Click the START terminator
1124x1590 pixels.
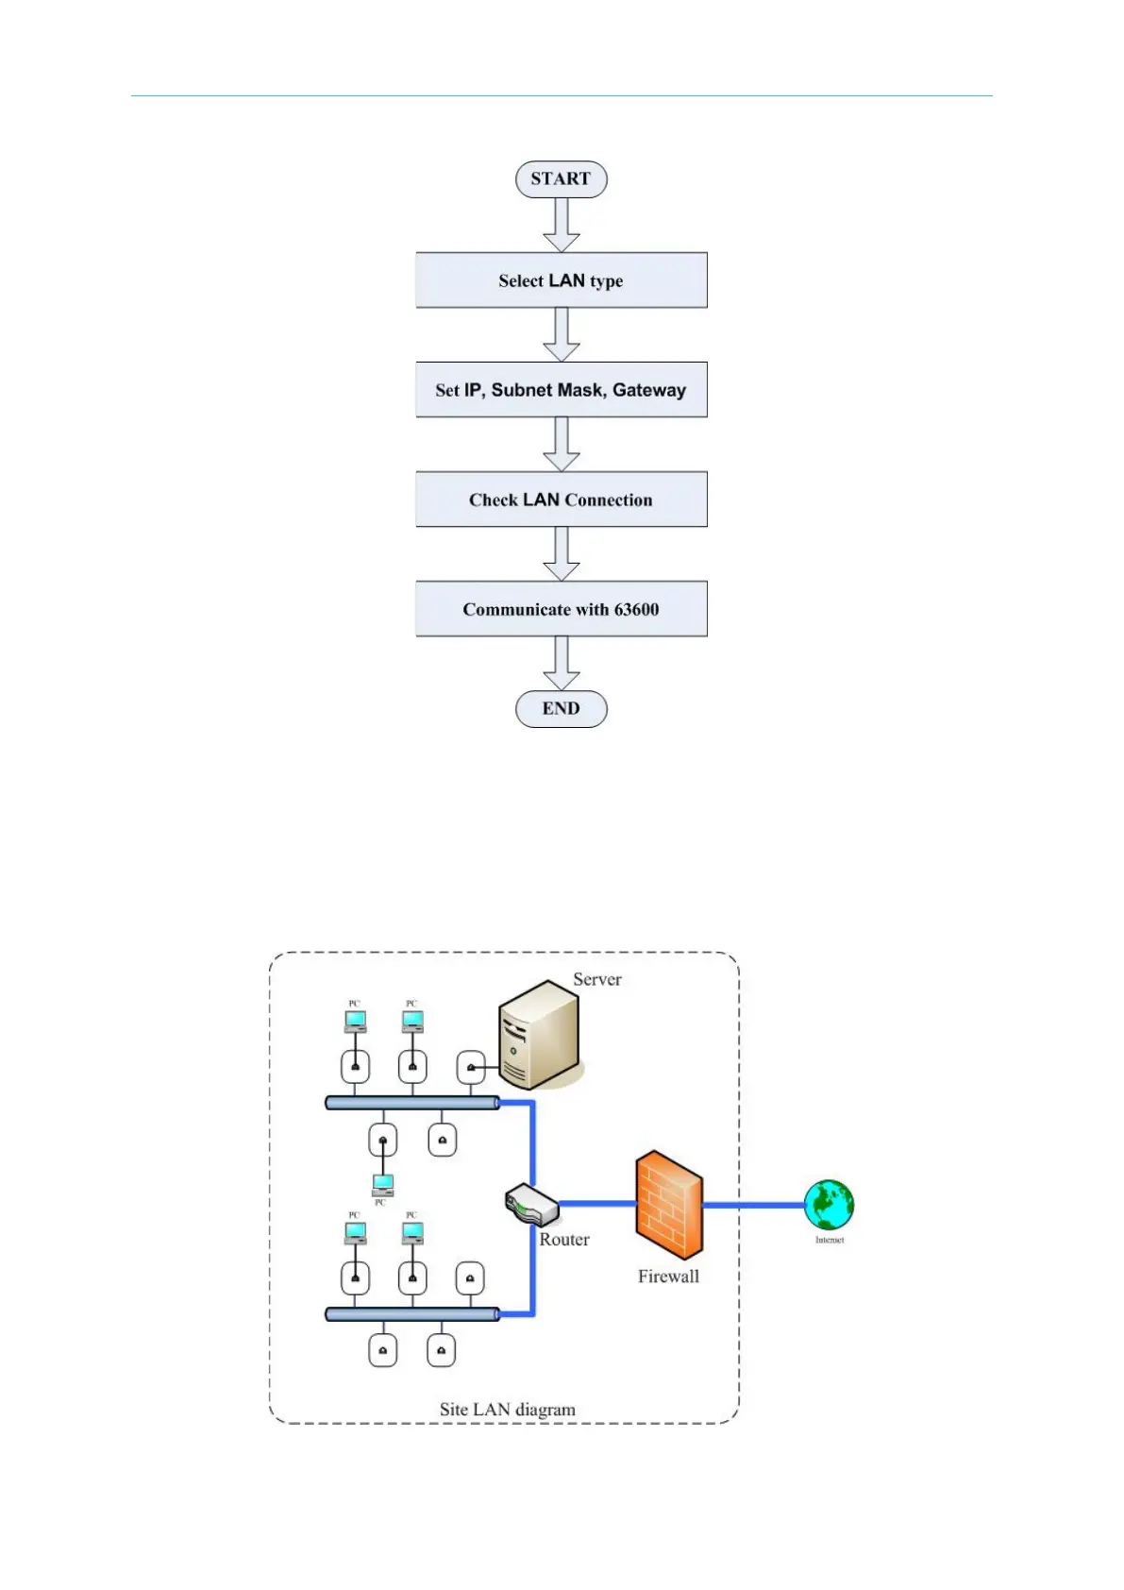point(561,179)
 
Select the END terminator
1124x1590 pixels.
point(561,709)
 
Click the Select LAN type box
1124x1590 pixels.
point(561,280)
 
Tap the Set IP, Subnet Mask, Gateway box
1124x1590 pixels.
point(561,390)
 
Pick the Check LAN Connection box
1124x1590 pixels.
point(561,499)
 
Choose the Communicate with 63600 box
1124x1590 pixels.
point(561,609)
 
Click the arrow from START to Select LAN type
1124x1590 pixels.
point(562,225)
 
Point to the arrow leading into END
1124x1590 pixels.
point(562,663)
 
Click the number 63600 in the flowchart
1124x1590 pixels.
point(636,610)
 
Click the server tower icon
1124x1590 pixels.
point(539,1034)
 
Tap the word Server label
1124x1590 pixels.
point(597,980)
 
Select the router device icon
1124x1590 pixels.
point(531,1204)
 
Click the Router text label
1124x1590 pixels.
point(564,1240)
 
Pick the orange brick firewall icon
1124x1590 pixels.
point(669,1205)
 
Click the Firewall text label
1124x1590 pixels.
point(668,1277)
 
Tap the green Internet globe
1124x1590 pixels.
point(829,1205)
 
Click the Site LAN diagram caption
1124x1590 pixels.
point(507,1410)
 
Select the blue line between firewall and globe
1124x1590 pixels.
point(753,1205)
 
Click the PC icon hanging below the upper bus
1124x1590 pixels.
point(382,1185)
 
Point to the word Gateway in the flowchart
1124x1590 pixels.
point(649,390)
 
